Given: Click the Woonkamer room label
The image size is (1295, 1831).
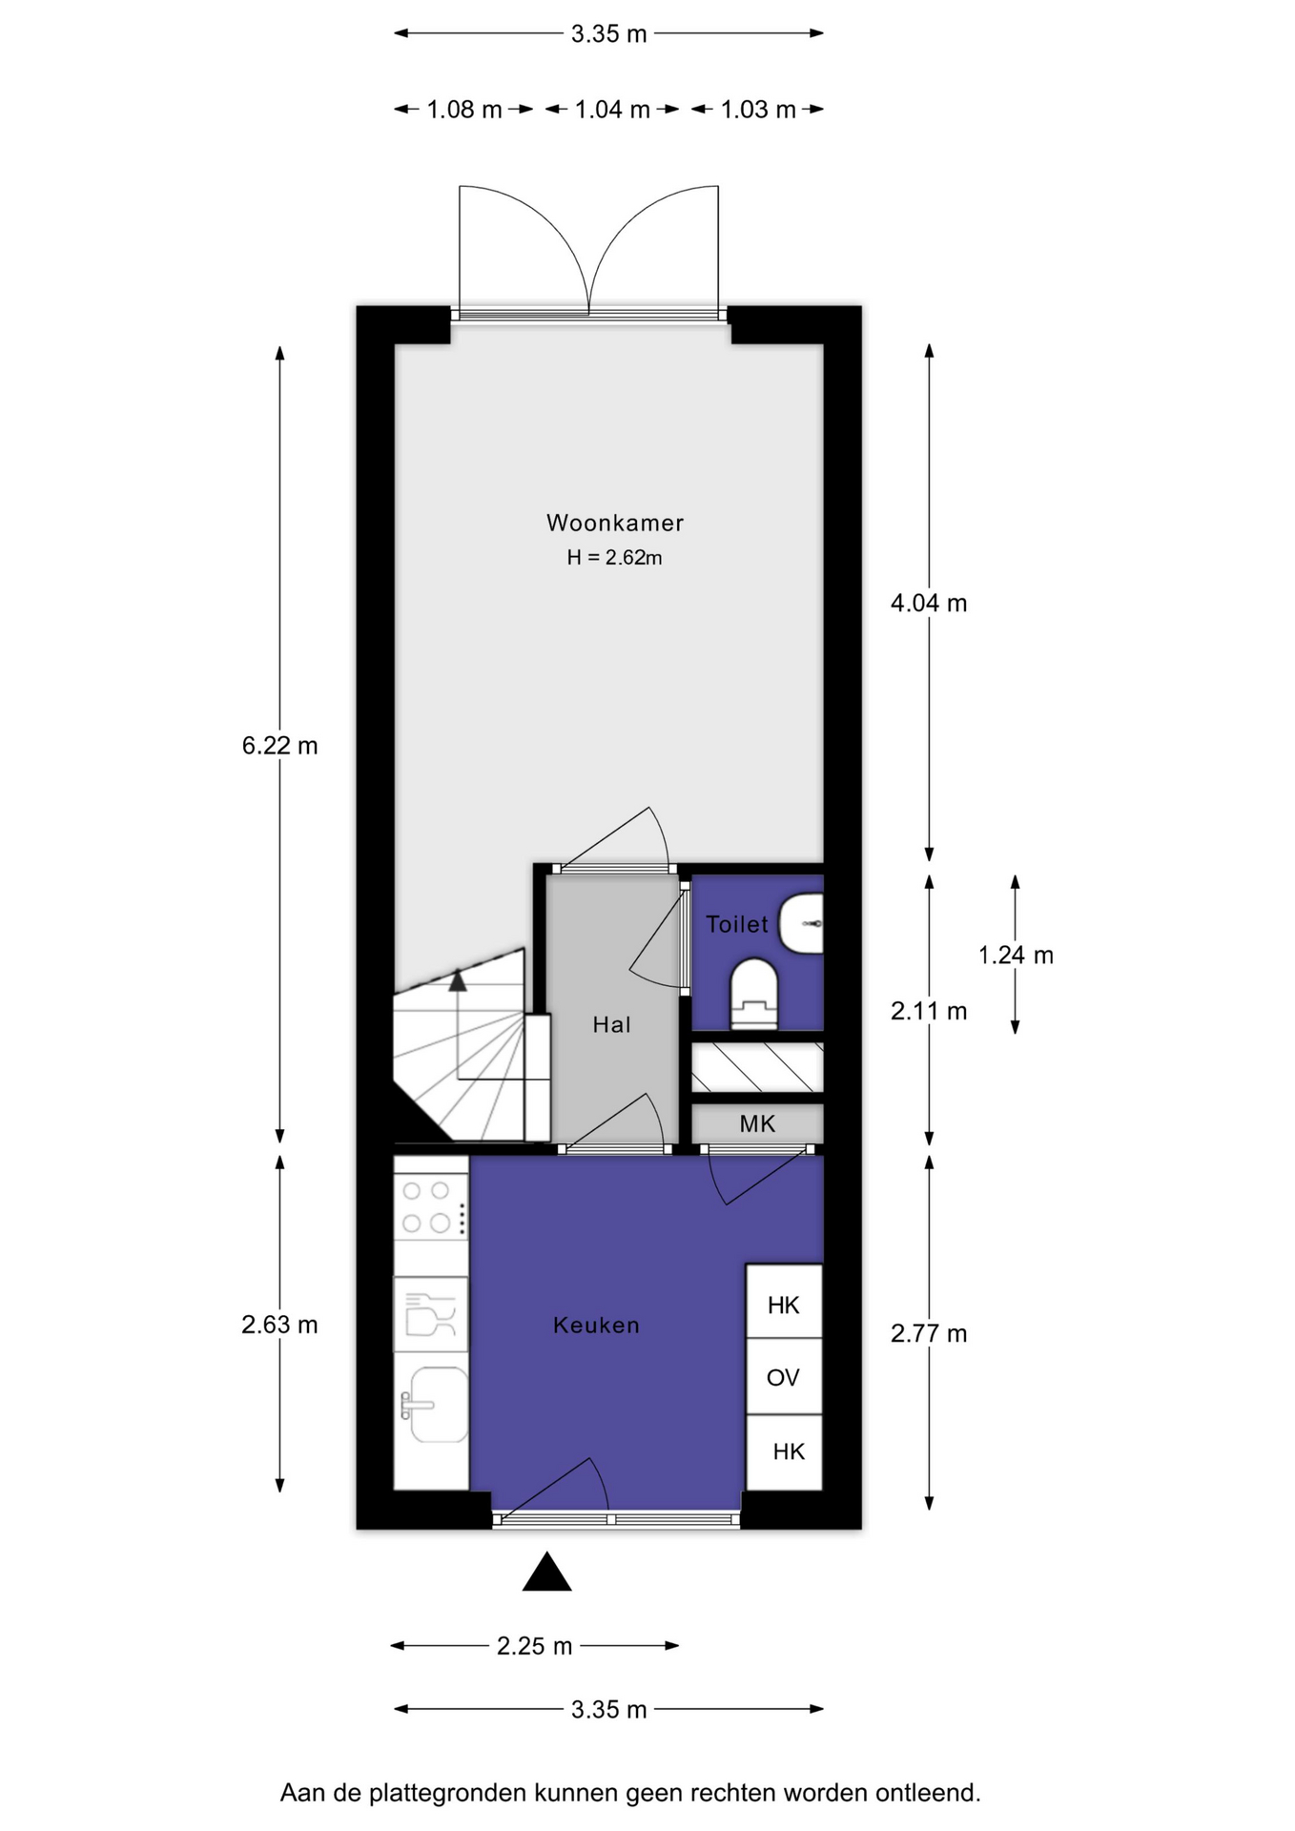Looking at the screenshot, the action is pyautogui.click(x=615, y=523).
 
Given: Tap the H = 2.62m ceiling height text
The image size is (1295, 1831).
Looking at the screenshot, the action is pyautogui.click(x=615, y=558).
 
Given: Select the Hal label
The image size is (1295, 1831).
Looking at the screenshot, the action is pyautogui.click(x=611, y=1025).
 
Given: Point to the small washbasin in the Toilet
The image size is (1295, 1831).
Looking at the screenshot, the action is pyautogui.click(x=802, y=923).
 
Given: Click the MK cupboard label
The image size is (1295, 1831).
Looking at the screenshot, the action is pyautogui.click(x=757, y=1124).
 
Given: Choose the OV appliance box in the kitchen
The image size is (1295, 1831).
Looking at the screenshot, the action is pyautogui.click(x=784, y=1376).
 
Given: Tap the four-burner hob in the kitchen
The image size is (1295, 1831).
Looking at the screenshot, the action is pyautogui.click(x=431, y=1206).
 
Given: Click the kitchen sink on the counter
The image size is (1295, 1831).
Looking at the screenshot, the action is pyautogui.click(x=432, y=1405).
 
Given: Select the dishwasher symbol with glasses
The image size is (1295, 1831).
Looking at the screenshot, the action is pyautogui.click(x=431, y=1314).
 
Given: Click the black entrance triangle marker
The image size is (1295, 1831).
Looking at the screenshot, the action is pyautogui.click(x=547, y=1572).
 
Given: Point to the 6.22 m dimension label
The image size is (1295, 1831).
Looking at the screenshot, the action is pyautogui.click(x=279, y=746).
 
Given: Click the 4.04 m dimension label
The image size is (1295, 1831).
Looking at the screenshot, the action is pyautogui.click(x=929, y=603).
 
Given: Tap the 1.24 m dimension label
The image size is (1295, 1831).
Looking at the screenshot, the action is pyautogui.click(x=1016, y=955).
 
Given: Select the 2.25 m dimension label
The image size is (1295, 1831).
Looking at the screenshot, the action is pyautogui.click(x=534, y=1646).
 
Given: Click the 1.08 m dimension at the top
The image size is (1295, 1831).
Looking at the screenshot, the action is pyautogui.click(x=464, y=110).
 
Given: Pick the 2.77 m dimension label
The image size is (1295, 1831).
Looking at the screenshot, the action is pyautogui.click(x=929, y=1333).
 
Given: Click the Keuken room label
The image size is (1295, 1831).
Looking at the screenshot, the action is pyautogui.click(x=596, y=1326).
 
